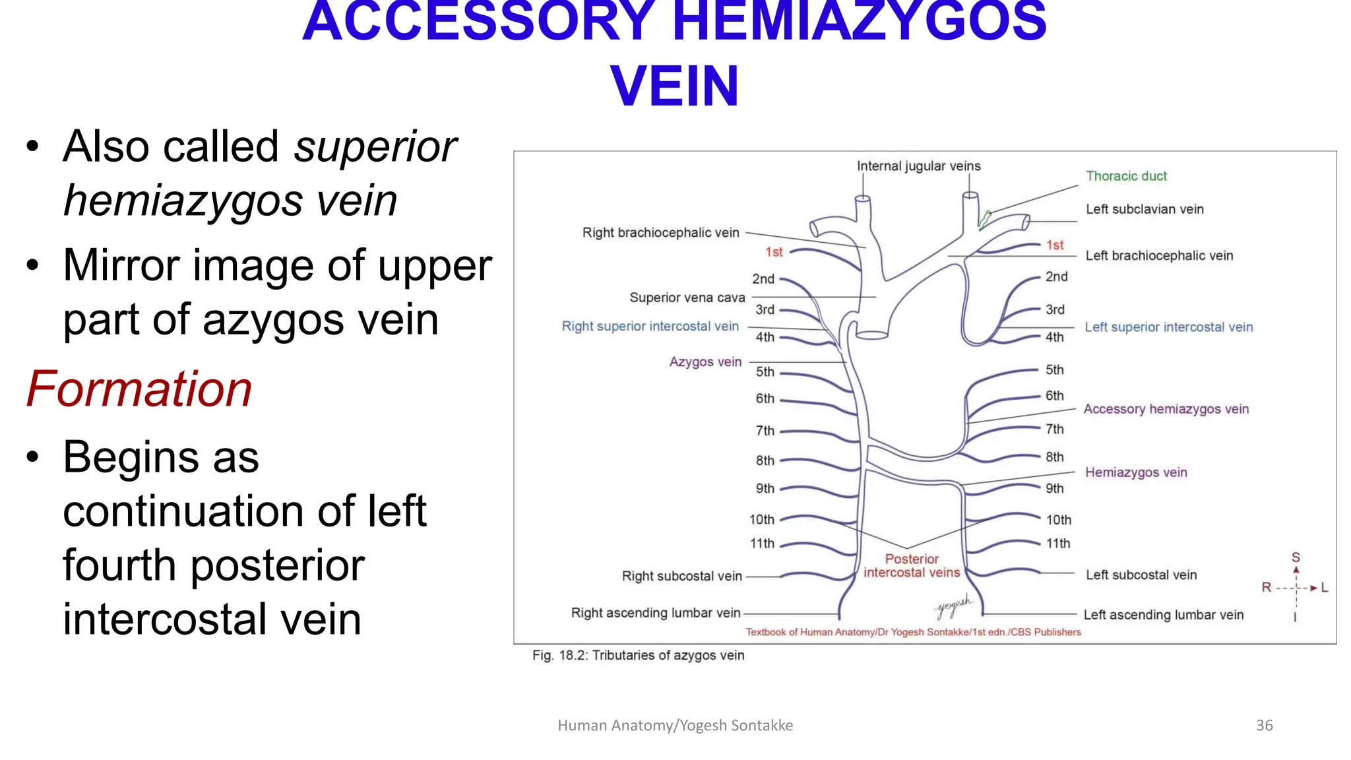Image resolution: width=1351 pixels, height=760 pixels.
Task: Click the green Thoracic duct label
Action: pyautogui.click(x=1126, y=176)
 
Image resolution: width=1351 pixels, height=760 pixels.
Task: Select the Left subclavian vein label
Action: pyautogui.click(x=1145, y=209)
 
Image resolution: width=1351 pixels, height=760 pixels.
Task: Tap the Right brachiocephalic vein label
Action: pyautogui.click(x=660, y=233)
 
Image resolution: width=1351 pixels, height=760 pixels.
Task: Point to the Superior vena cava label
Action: pyautogui.click(x=687, y=298)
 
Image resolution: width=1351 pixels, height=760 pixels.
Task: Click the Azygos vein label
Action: pyautogui.click(x=705, y=362)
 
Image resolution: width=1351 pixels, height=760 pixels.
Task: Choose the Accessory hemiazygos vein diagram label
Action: pyautogui.click(x=1166, y=409)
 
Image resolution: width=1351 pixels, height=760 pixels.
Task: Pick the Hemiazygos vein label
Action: pyautogui.click(x=1136, y=472)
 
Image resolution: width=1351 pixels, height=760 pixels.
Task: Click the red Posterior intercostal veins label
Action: pyautogui.click(x=912, y=566)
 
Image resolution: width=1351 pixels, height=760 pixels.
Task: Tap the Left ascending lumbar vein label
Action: pyautogui.click(x=1163, y=615)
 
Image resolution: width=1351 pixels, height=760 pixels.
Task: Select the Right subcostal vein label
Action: pyautogui.click(x=681, y=576)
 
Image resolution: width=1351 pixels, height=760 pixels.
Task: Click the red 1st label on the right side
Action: pyautogui.click(x=1055, y=245)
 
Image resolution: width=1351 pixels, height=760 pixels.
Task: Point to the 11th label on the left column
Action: pyautogui.click(x=762, y=544)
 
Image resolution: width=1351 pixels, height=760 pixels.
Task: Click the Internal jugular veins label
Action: pyautogui.click(x=918, y=166)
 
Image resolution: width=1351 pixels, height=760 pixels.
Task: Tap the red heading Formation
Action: pyautogui.click(x=139, y=389)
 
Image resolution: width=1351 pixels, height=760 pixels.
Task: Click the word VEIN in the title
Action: pyautogui.click(x=674, y=86)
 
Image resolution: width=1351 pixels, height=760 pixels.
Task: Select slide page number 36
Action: pyautogui.click(x=1264, y=725)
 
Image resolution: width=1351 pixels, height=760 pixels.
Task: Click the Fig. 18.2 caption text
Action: pyautogui.click(x=638, y=655)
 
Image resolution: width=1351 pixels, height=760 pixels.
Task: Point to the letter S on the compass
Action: pyautogui.click(x=1296, y=557)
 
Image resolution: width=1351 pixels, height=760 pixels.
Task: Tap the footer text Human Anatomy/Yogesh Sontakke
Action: pyautogui.click(x=675, y=725)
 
